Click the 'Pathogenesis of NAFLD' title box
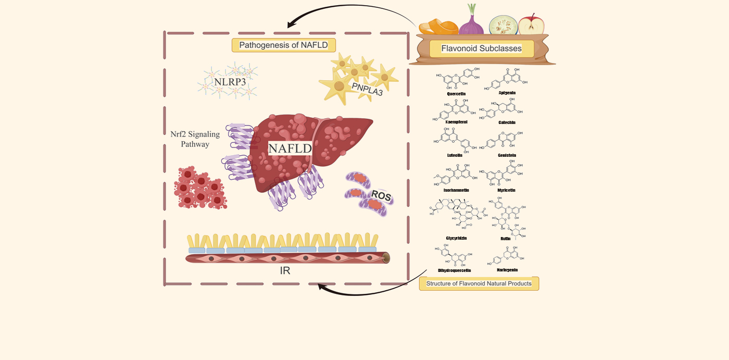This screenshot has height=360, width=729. tap(283, 45)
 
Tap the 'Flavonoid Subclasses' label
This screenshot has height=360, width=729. tap(481, 48)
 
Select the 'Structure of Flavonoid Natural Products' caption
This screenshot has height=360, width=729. tap(479, 283)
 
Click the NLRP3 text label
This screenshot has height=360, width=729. tap(230, 81)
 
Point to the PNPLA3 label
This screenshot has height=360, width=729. tap(367, 88)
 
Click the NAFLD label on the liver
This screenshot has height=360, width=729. tap(290, 148)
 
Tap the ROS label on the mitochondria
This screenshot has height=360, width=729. tap(381, 197)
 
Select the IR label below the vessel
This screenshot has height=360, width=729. tap(284, 271)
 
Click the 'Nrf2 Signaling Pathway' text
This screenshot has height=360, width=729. tap(195, 139)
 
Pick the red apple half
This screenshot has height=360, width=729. tap(531, 24)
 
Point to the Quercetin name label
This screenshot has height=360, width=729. tap(456, 94)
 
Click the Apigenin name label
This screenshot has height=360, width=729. tap(507, 92)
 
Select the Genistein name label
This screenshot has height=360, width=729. tap(507, 155)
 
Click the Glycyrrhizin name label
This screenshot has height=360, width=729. tap(456, 238)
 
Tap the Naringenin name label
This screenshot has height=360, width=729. tap(507, 270)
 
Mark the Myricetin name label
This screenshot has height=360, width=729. tap(507, 190)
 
